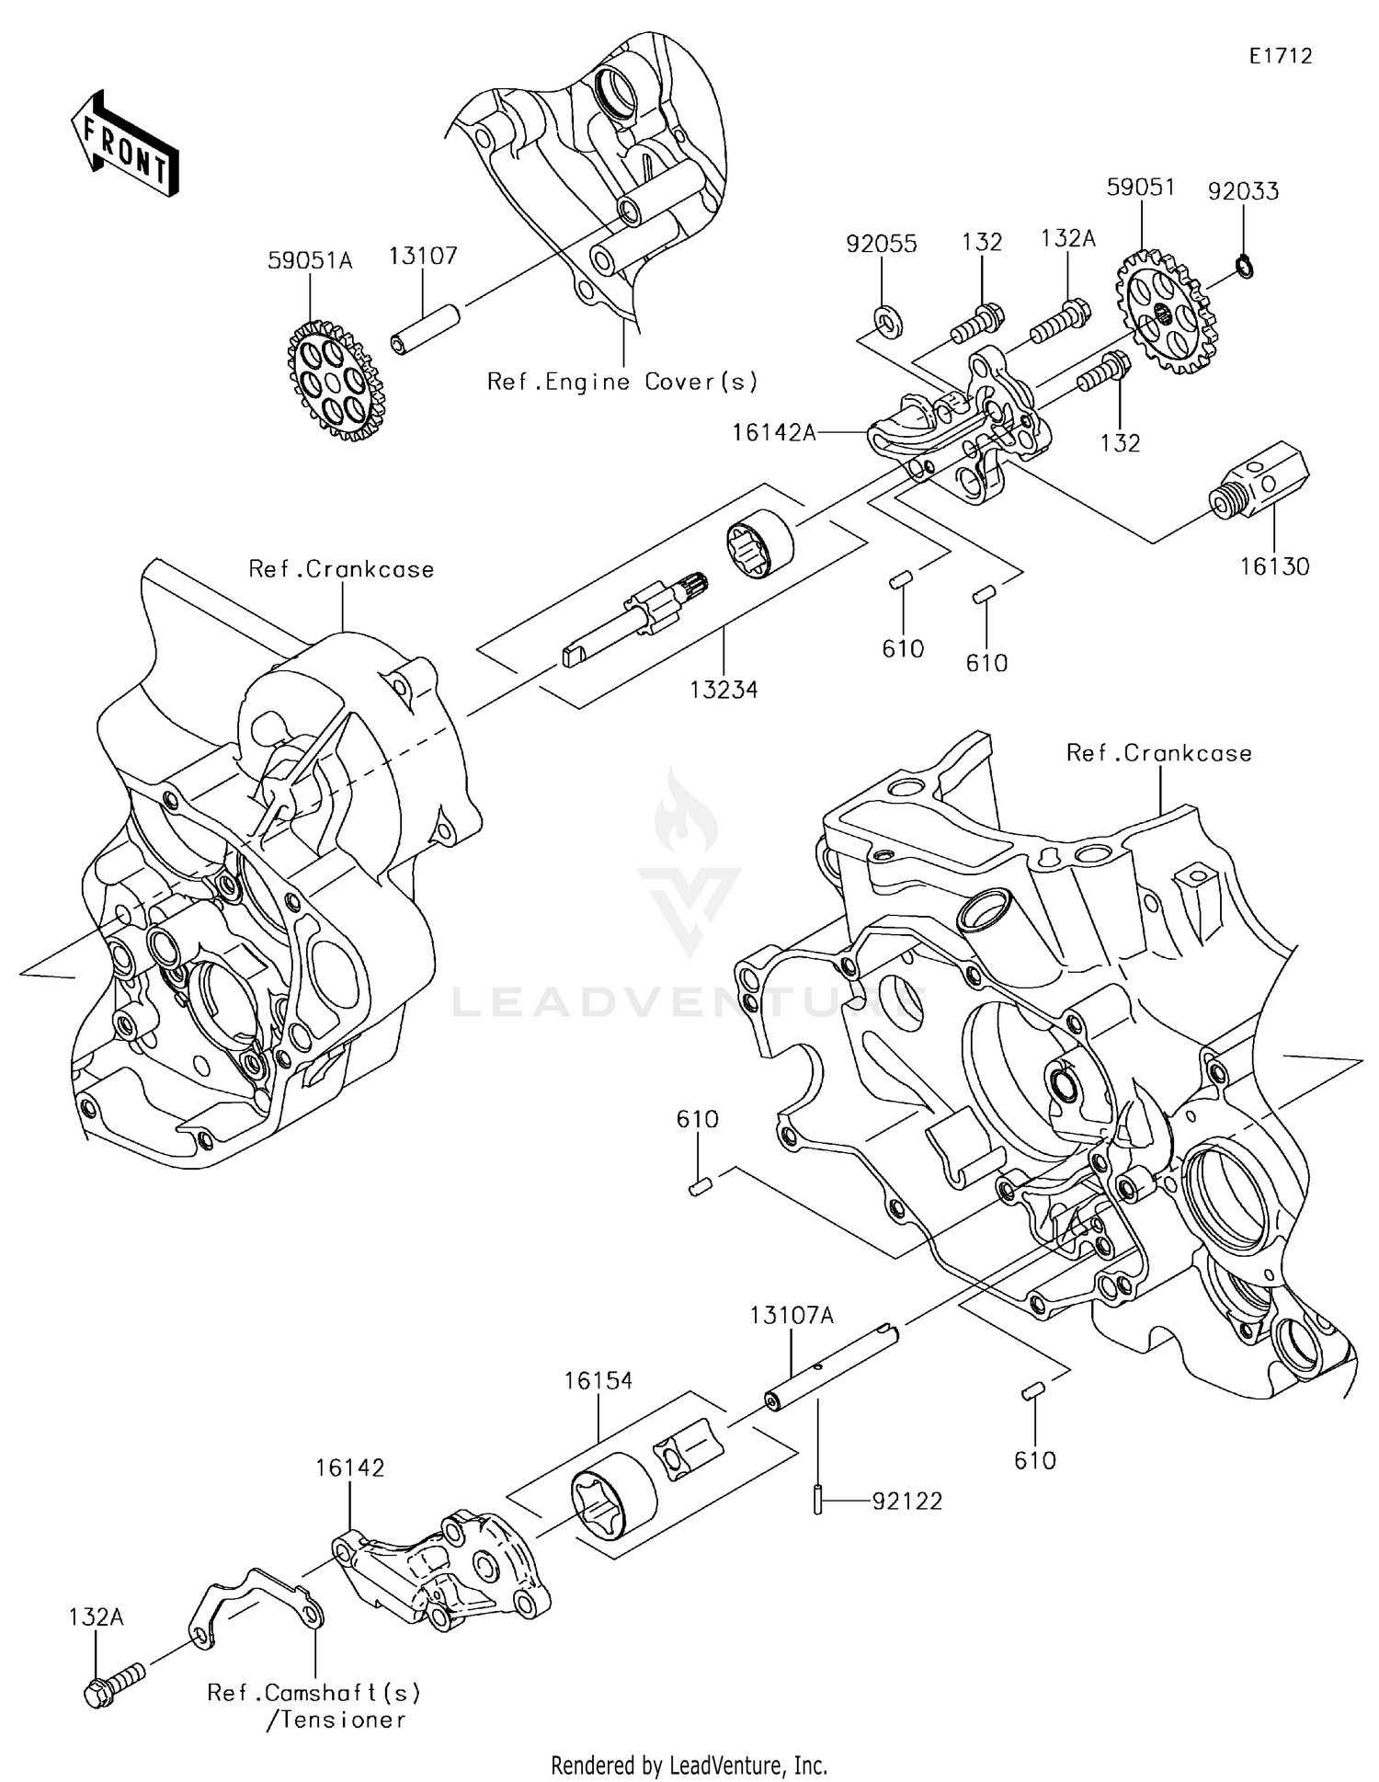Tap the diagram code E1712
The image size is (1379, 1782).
(x=1280, y=56)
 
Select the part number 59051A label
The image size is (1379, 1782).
(x=310, y=260)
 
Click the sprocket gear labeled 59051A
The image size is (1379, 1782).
(x=336, y=380)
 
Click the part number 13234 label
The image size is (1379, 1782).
(x=726, y=690)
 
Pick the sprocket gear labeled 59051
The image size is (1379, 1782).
(x=1166, y=313)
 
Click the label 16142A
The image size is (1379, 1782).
(x=774, y=431)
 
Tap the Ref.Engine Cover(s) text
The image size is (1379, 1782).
(x=622, y=382)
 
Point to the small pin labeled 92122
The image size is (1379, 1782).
(x=816, y=1500)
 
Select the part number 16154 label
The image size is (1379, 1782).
(x=598, y=1380)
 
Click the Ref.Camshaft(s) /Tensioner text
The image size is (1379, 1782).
(x=314, y=1706)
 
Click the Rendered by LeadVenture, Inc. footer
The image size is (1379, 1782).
(x=689, y=1765)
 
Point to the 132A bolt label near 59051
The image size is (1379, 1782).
(x=1068, y=239)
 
